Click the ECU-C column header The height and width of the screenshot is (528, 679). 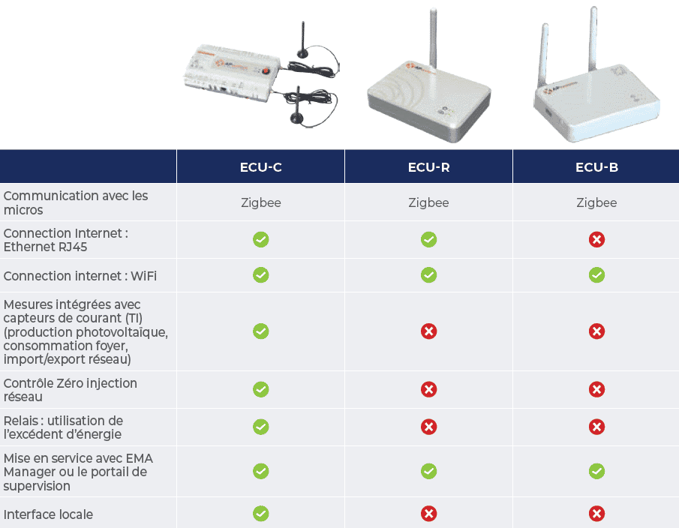coord(260,167)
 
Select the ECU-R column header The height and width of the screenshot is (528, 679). coord(428,167)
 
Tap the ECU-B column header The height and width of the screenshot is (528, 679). coord(596,167)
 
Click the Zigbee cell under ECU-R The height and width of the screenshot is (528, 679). coord(428,202)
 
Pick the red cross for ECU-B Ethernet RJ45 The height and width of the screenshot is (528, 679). coord(596,239)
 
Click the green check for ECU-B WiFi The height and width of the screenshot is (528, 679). coord(596,274)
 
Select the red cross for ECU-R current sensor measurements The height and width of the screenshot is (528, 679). coord(428,331)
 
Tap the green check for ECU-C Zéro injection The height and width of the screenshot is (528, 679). coord(260,389)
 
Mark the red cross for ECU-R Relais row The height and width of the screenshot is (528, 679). coord(428,427)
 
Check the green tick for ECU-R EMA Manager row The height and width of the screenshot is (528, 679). coord(428,471)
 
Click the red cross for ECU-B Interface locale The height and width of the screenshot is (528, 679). coord(596,514)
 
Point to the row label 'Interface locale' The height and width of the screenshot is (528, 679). coord(48,514)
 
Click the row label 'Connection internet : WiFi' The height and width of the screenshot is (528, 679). coord(80,276)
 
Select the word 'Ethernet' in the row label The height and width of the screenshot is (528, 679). coord(27,247)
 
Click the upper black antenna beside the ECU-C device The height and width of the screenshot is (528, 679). coord(302,40)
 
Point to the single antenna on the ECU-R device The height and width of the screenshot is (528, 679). coord(433,38)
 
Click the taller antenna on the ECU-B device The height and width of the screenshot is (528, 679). coord(593,39)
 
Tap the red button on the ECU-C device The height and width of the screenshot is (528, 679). coord(266,70)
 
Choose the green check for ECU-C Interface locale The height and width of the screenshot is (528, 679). coord(260,514)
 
